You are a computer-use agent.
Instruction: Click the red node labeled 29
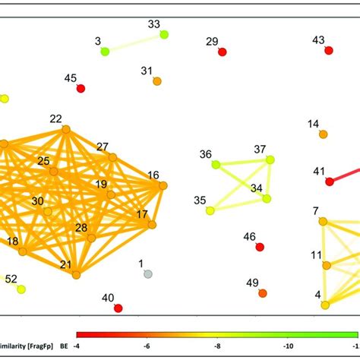tap(222, 52)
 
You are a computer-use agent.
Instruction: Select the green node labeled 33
tap(164, 35)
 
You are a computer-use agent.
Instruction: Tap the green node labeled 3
tap(105, 52)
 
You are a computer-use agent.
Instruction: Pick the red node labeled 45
tap(81, 89)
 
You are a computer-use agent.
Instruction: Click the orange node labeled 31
tap(156, 81)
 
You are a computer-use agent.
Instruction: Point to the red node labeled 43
tap(328, 50)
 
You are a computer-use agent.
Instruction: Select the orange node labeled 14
tap(323, 134)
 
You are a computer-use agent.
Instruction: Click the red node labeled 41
tap(329, 182)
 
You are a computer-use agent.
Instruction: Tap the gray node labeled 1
tap(148, 273)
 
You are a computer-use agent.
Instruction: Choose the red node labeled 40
tap(118, 308)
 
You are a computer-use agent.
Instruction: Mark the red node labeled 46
tap(260, 247)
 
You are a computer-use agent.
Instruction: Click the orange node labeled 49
tap(263, 293)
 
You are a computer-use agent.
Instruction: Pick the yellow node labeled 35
tap(210, 210)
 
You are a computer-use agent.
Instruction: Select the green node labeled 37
tap(270, 159)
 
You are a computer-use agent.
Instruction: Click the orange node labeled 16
tap(163, 185)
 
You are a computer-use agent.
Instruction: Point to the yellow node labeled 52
tap(21, 289)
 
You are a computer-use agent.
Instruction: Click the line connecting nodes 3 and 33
tap(134, 43)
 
